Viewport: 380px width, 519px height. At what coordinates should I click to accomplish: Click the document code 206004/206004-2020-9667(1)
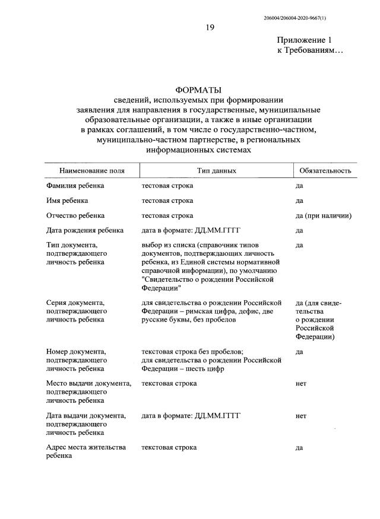point(294,18)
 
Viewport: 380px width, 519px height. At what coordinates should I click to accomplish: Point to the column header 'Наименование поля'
point(92,170)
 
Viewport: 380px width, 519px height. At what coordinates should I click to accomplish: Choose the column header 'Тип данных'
point(217,170)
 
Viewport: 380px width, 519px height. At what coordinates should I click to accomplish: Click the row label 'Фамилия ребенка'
point(75,186)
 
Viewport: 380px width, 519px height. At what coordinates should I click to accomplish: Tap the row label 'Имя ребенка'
point(67,200)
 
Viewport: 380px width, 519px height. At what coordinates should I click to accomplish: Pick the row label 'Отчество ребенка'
point(75,215)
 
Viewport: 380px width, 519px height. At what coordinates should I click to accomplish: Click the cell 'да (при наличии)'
point(324,215)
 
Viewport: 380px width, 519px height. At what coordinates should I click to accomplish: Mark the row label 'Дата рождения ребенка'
point(85,230)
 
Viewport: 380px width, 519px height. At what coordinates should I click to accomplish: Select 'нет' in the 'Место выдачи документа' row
point(300,384)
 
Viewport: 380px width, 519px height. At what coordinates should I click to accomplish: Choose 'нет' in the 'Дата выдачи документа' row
point(300,416)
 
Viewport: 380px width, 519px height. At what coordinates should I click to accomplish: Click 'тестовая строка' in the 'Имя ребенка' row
point(167,200)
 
